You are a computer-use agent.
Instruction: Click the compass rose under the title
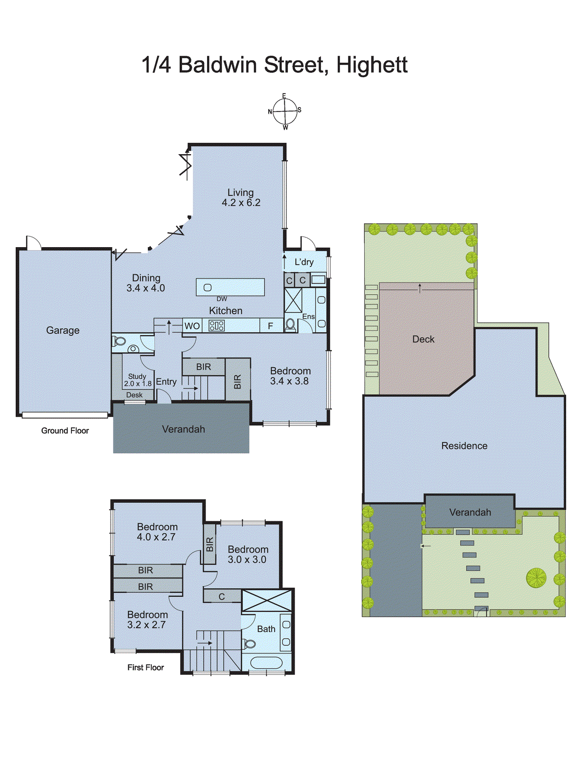click(285, 112)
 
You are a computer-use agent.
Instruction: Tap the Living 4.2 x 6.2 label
click(241, 198)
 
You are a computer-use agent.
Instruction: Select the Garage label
click(63, 330)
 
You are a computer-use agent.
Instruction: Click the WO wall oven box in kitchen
click(192, 326)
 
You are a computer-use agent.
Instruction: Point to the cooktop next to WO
click(216, 325)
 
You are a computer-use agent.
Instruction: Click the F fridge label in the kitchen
click(270, 326)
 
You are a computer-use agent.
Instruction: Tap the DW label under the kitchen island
click(222, 299)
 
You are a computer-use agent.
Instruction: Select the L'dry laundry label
click(304, 262)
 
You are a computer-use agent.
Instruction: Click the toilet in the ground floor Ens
click(290, 324)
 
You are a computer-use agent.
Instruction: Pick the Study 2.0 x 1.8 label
click(138, 380)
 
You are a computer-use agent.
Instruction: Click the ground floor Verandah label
click(184, 429)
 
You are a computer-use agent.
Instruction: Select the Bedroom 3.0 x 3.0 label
click(248, 554)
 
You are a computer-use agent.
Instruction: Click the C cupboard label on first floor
click(222, 597)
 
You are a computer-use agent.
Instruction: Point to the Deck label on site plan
click(423, 339)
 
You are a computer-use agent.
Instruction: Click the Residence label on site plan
click(464, 446)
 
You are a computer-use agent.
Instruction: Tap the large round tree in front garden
click(536, 578)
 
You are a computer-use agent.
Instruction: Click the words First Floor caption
click(145, 668)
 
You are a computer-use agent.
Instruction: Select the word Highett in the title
click(372, 65)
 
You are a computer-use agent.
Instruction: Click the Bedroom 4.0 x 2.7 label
click(157, 532)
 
